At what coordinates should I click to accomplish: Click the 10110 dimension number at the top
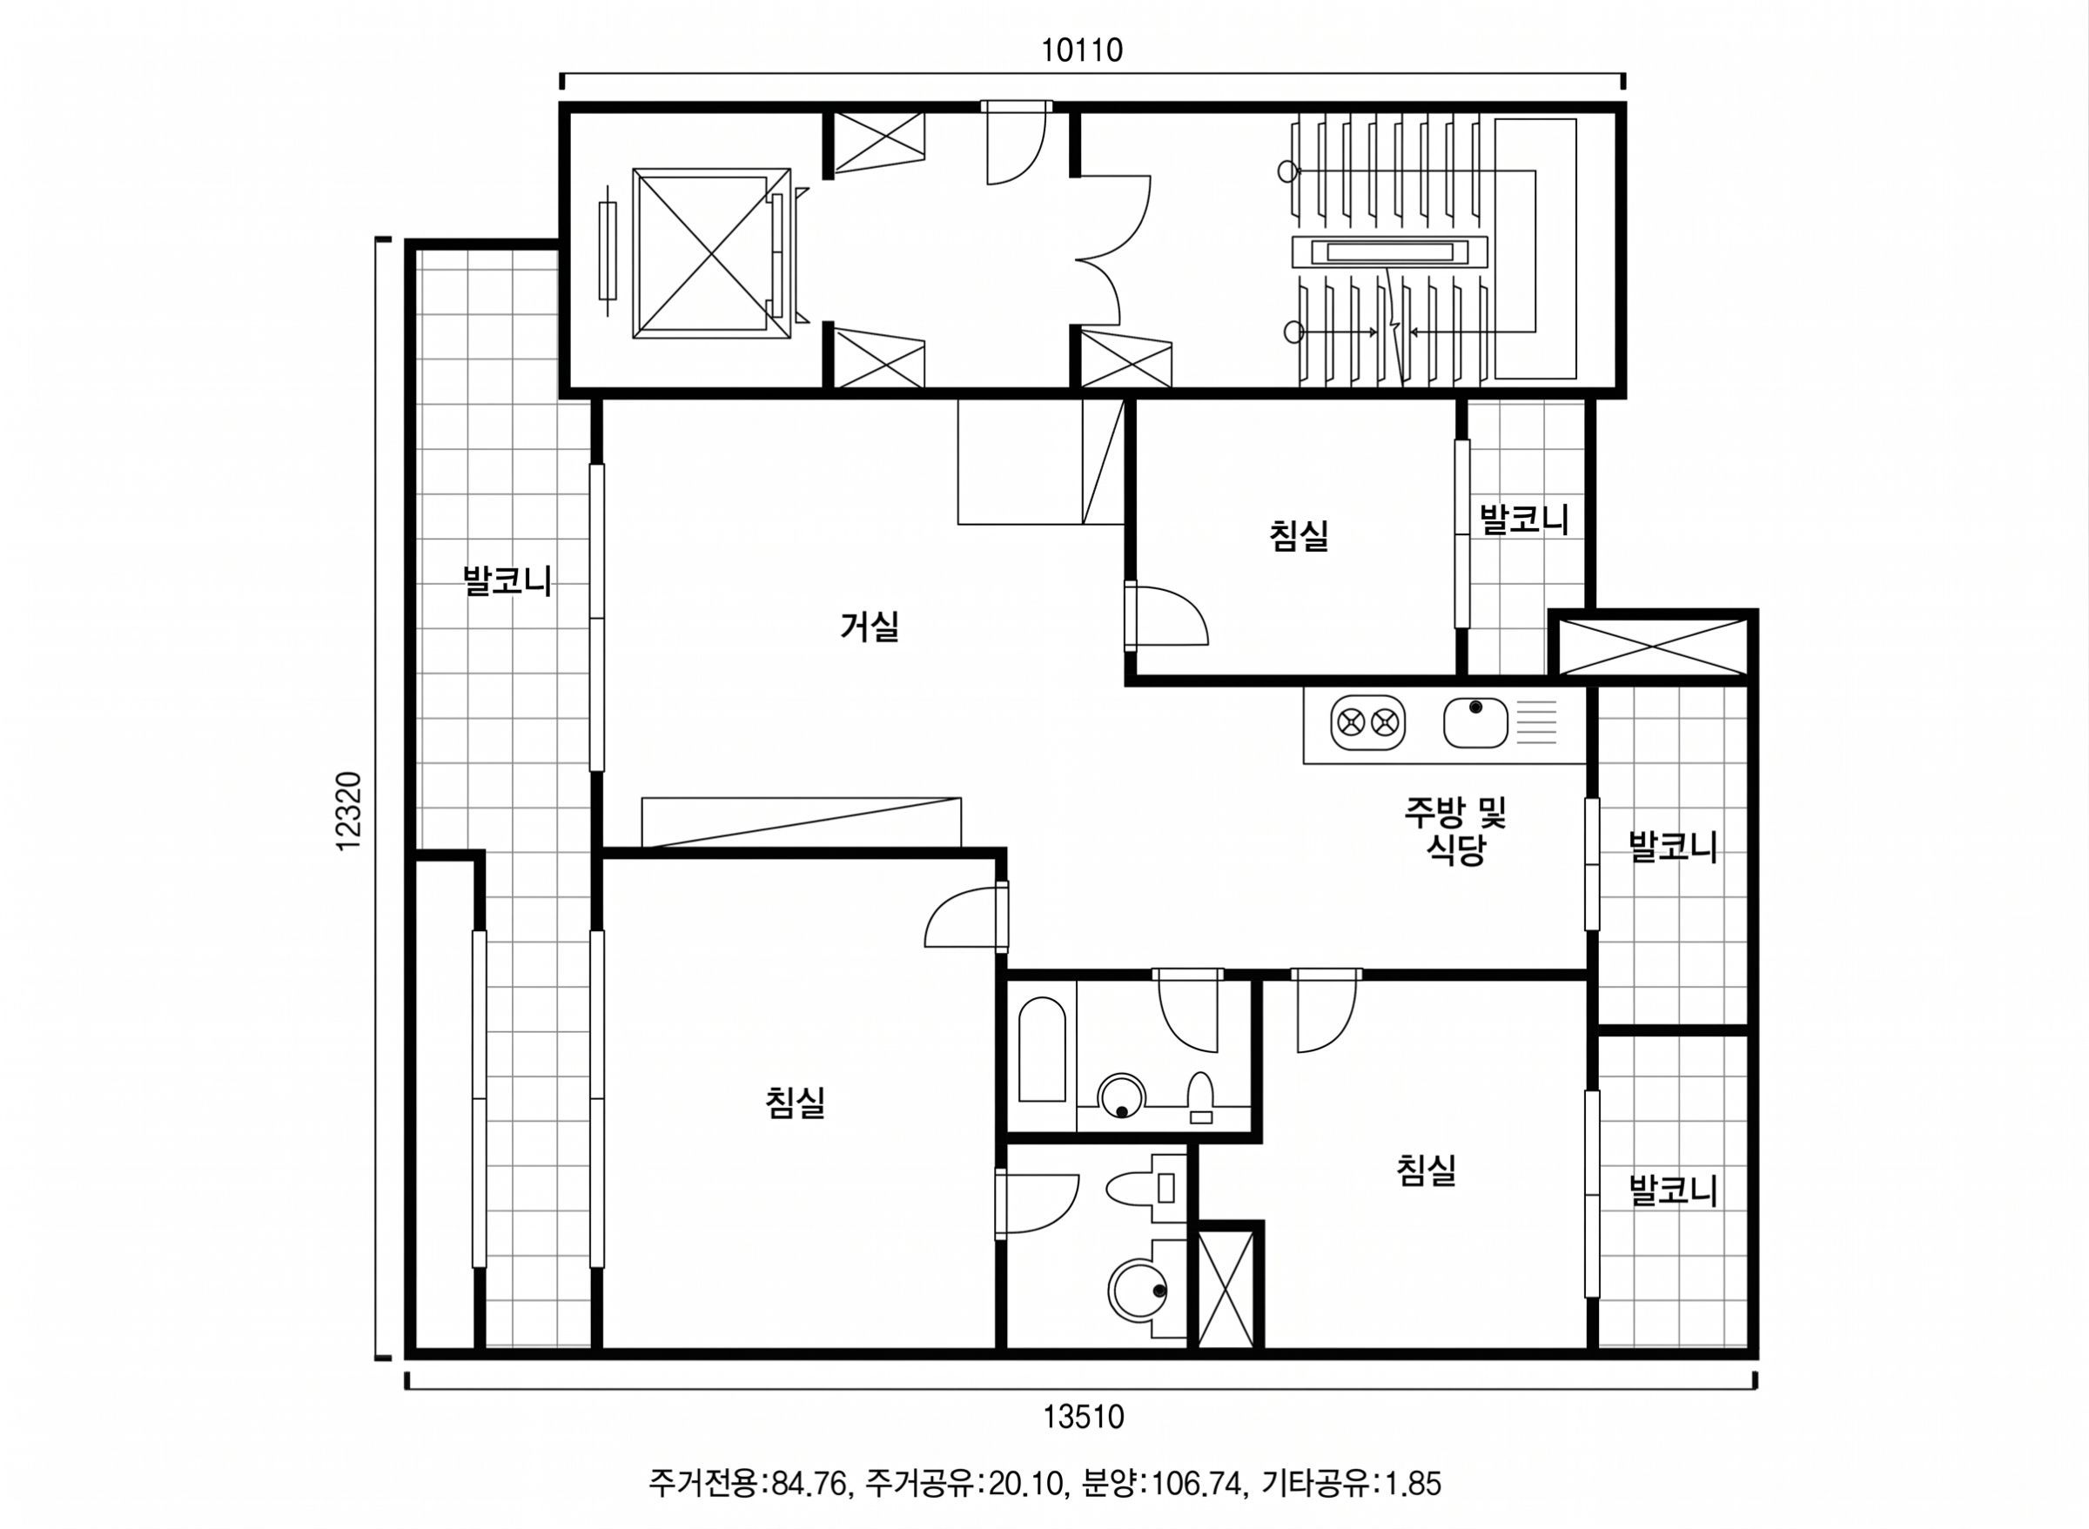click(1082, 50)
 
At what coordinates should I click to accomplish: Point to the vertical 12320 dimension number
click(349, 812)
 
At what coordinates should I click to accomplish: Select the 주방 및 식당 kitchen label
click(1456, 830)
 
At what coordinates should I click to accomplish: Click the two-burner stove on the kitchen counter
click(1368, 722)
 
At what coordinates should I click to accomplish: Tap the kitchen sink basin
click(1475, 722)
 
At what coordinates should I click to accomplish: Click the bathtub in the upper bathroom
click(1042, 1050)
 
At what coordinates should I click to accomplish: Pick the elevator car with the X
click(712, 252)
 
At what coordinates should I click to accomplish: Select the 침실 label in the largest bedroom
click(795, 1103)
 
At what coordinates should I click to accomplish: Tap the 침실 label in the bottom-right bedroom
click(1427, 1170)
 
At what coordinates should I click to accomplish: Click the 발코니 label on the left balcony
click(507, 581)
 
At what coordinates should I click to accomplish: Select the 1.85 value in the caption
click(1413, 1485)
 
